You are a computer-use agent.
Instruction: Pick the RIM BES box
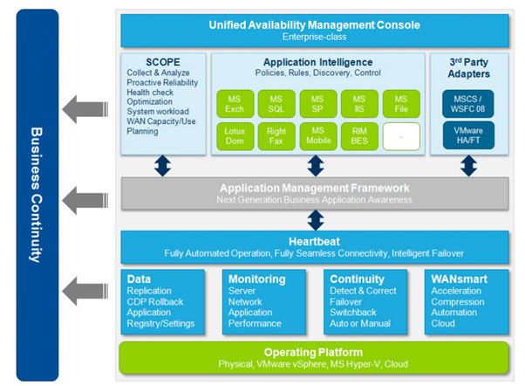pos(359,135)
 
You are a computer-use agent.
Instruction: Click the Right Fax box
pos(276,135)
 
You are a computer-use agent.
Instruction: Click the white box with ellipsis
pos(401,135)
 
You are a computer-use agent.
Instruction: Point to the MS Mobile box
pos(317,135)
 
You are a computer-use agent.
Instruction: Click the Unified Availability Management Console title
pos(315,24)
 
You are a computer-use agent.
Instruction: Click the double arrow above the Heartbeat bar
pos(314,218)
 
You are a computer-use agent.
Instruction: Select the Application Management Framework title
pos(314,188)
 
